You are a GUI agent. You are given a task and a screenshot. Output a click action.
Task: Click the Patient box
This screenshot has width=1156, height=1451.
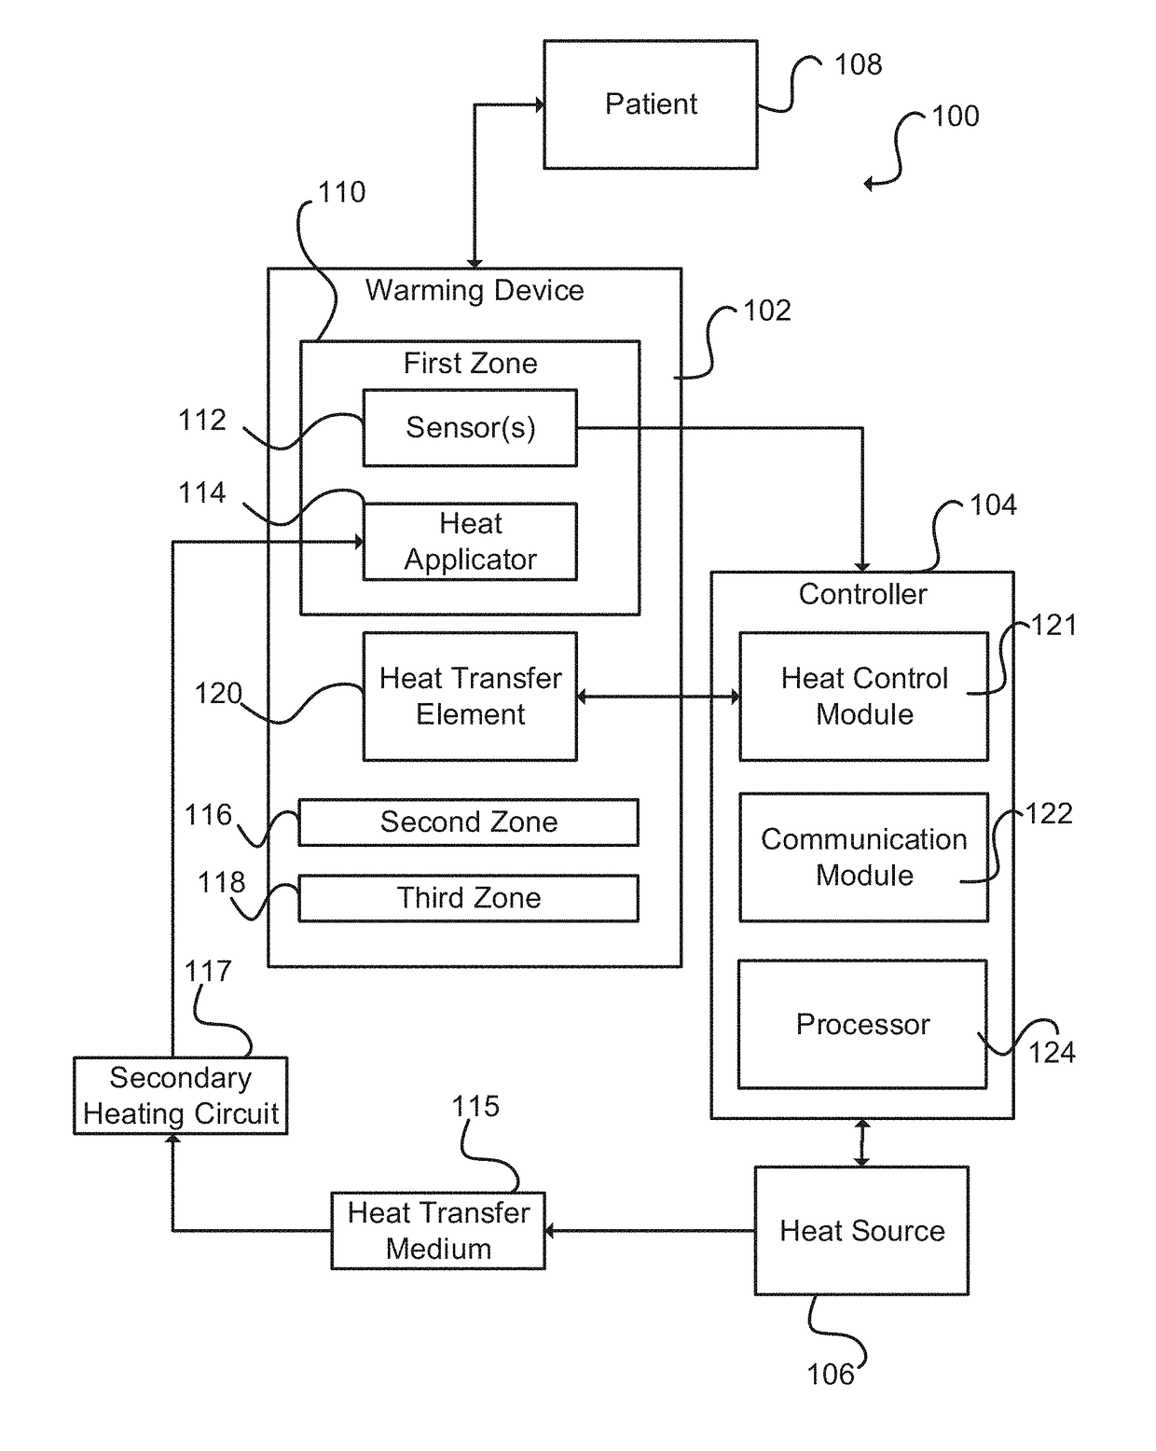(x=650, y=104)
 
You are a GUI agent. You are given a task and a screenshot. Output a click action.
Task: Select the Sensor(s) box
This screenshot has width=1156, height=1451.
(x=470, y=427)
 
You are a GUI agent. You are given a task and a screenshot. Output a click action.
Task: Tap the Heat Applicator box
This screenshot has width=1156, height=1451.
(x=470, y=541)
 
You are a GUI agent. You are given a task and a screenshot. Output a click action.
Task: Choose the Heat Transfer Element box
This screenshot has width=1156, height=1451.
(x=470, y=696)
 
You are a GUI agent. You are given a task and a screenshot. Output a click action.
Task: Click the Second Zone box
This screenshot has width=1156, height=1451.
(x=468, y=822)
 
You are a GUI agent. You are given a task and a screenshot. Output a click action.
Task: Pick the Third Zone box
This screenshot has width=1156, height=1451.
(x=468, y=898)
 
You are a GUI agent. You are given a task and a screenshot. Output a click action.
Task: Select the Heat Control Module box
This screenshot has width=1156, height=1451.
(x=863, y=696)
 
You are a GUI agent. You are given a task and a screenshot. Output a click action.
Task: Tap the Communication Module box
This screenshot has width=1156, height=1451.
(x=863, y=857)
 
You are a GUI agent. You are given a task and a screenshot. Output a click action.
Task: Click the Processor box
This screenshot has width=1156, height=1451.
(x=862, y=1024)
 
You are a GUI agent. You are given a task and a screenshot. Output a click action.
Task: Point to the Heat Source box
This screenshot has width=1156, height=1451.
(x=861, y=1231)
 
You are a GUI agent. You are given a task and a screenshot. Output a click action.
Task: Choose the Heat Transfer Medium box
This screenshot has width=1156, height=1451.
(x=437, y=1231)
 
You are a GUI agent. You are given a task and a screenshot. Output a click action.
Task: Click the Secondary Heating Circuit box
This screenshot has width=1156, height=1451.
(x=180, y=1095)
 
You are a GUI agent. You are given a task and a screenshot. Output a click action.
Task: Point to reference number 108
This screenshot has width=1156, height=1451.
(x=858, y=64)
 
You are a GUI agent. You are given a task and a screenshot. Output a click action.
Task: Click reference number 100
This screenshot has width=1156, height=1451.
(x=956, y=116)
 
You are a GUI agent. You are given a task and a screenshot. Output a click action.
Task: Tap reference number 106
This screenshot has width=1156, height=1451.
(x=831, y=1375)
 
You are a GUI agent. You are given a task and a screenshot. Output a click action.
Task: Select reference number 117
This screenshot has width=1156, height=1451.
(x=208, y=971)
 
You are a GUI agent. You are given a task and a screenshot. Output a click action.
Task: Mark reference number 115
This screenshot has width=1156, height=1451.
(x=475, y=1107)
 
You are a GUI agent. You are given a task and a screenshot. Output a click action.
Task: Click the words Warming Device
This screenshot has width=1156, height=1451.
(x=475, y=291)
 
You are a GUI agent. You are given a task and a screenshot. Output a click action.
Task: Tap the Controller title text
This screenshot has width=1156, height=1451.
(x=862, y=594)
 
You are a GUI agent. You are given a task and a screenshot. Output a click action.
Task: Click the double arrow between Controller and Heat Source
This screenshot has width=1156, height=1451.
(x=861, y=1143)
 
